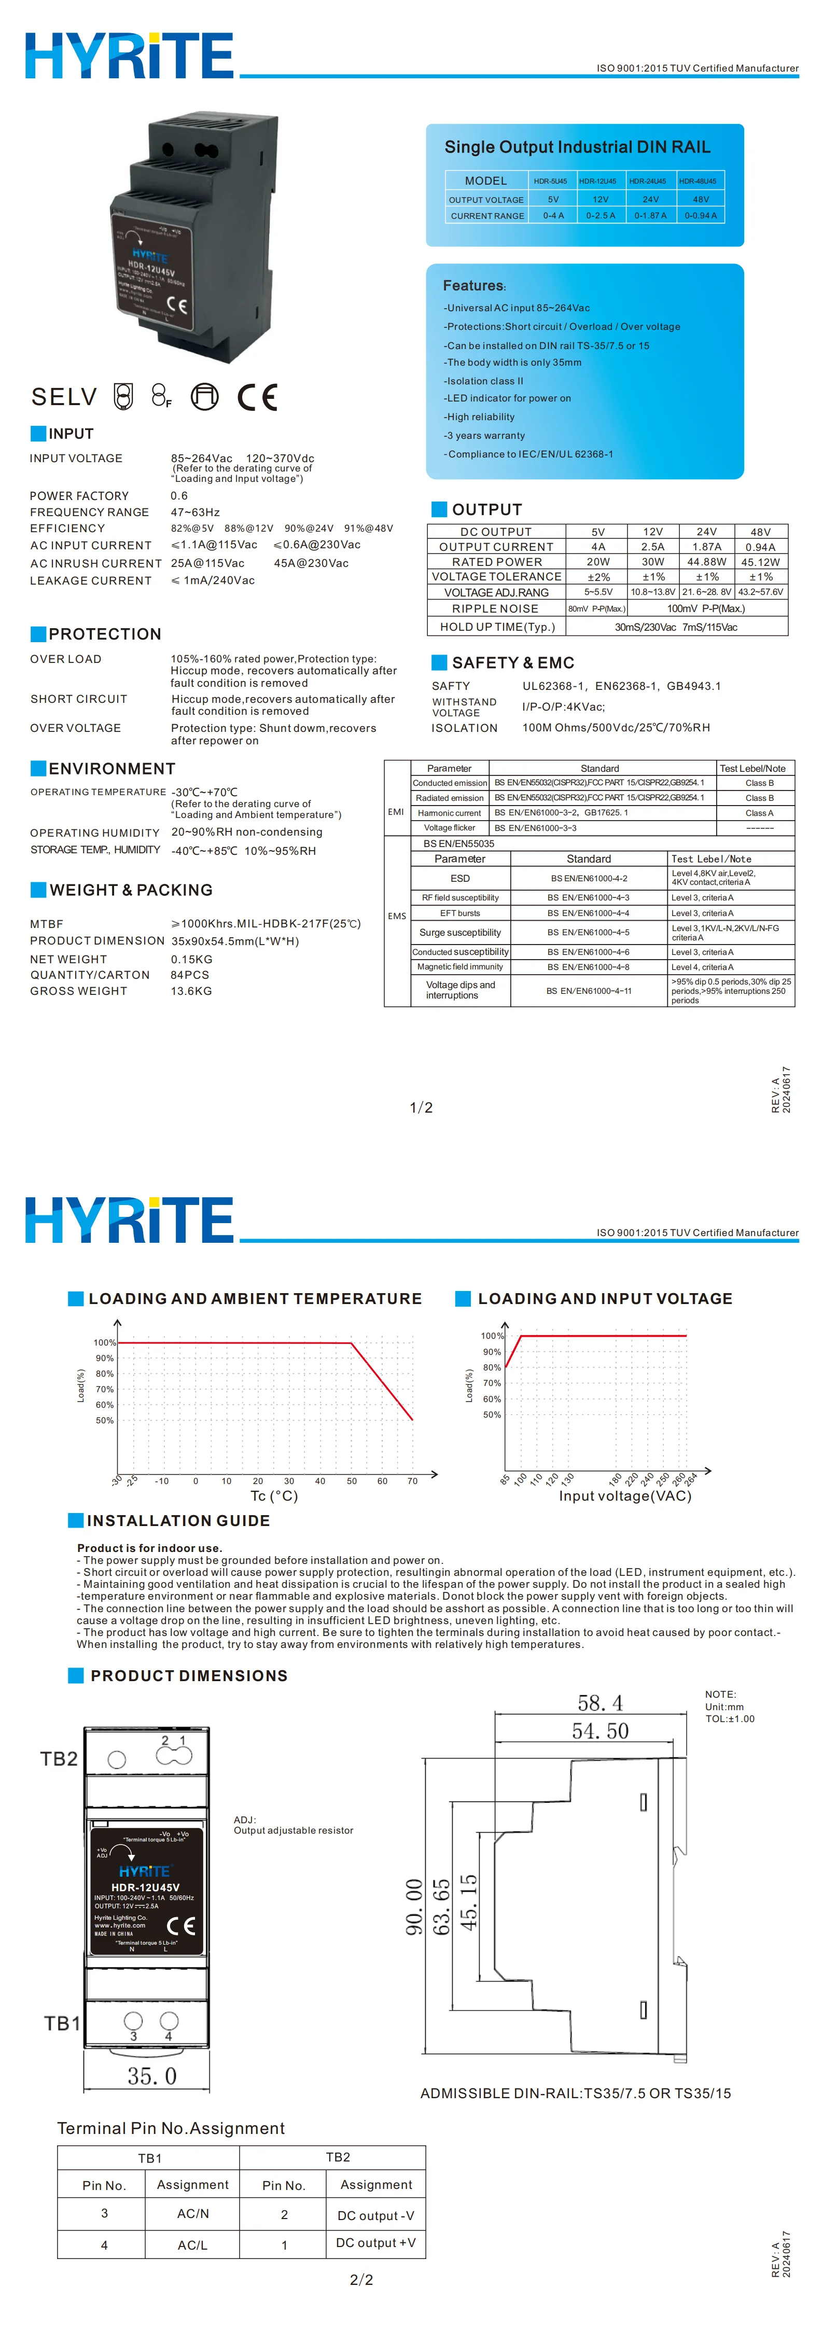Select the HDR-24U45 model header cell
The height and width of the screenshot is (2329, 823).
648,181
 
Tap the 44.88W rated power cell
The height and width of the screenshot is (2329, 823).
706,561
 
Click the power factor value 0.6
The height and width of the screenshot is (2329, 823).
179,495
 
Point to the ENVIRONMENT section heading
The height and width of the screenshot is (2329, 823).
111,769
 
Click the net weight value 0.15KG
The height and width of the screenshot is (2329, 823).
192,959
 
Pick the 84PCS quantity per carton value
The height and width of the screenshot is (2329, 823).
190,975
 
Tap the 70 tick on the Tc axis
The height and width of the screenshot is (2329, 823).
412,1481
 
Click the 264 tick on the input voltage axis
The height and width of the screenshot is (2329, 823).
691,1479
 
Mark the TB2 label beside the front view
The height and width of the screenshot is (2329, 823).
59,1758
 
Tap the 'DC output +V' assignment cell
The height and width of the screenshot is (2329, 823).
375,2242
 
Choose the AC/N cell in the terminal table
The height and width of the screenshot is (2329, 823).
192,2213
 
